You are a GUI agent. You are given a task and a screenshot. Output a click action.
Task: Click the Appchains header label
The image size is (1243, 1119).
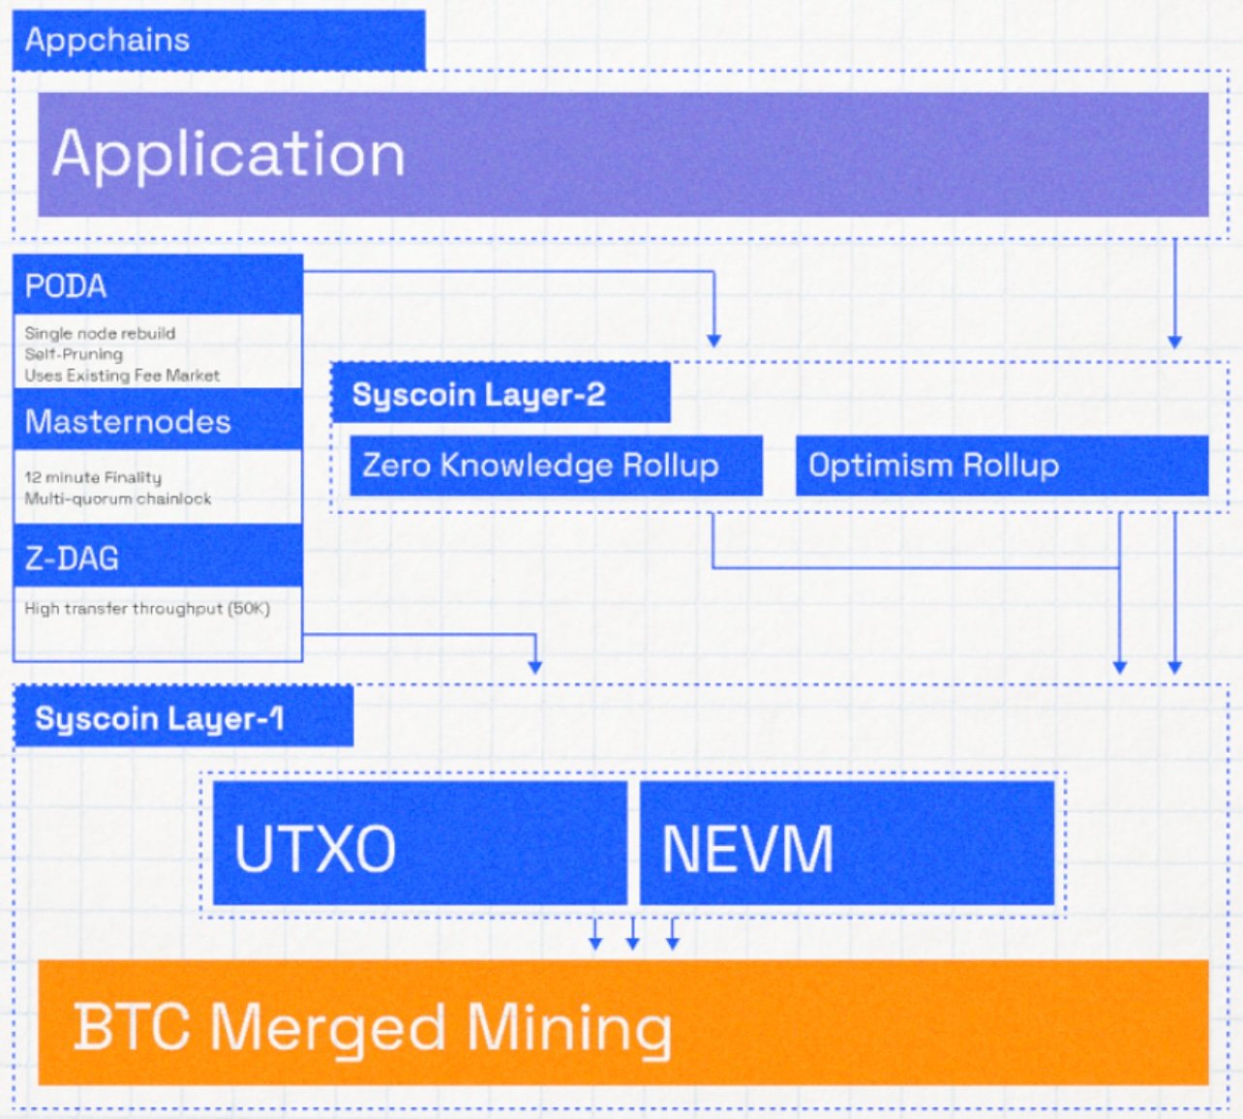(x=219, y=41)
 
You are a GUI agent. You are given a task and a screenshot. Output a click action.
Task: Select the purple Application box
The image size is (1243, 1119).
(x=623, y=154)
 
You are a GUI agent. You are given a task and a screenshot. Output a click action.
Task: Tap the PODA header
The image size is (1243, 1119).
(x=158, y=285)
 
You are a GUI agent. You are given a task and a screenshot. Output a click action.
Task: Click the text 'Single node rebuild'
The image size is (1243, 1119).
(x=100, y=333)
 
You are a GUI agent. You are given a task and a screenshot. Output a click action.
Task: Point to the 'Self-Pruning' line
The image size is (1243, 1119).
(x=74, y=354)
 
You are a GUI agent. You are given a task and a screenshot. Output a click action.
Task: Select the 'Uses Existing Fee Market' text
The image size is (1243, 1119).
(x=122, y=376)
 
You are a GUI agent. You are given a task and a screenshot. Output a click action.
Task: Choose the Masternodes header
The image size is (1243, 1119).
(x=158, y=420)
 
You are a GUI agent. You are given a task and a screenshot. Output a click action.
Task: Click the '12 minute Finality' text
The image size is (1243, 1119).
(x=93, y=477)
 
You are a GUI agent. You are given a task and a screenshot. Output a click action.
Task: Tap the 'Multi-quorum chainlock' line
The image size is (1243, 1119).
(x=118, y=499)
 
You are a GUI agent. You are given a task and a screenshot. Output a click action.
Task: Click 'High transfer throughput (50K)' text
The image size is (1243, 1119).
(x=147, y=609)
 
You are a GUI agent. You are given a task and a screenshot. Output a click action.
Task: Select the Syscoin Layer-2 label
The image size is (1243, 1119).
(x=500, y=393)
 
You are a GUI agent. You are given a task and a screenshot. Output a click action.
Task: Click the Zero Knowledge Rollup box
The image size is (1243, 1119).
(x=556, y=466)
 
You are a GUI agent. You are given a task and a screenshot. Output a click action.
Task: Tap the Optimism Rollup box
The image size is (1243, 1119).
(x=1002, y=466)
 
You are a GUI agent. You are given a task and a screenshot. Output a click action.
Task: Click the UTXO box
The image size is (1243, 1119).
(x=420, y=843)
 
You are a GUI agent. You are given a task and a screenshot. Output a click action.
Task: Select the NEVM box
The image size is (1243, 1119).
(x=847, y=843)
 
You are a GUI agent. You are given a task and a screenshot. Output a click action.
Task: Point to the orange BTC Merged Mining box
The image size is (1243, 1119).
(x=623, y=1022)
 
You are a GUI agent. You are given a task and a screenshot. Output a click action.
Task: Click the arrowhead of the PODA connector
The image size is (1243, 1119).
(x=713, y=341)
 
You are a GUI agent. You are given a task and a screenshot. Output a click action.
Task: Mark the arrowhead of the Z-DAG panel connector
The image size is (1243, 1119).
(x=534, y=667)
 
